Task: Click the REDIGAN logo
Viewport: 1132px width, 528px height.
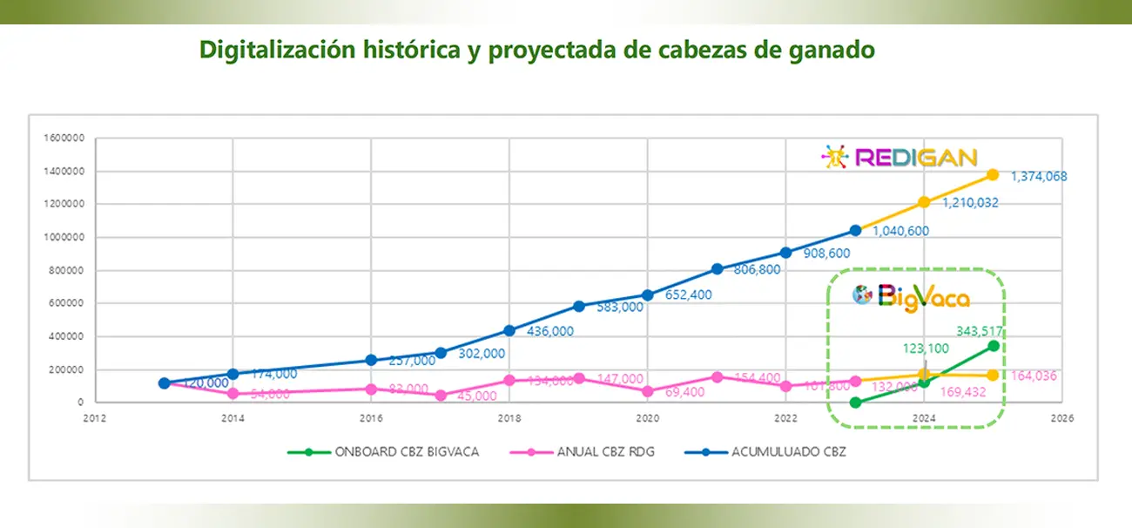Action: tap(900, 158)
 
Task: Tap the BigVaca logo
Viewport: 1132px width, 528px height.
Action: tap(911, 296)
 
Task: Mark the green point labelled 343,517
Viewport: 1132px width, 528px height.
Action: tap(993, 346)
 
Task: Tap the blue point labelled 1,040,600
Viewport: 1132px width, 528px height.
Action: tap(855, 230)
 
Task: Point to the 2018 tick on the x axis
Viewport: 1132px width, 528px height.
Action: tap(509, 418)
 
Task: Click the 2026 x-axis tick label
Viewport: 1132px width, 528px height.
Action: tap(1061, 418)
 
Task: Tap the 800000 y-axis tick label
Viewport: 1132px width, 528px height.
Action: tap(64, 271)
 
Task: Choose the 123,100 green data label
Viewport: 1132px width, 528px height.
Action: tap(924, 348)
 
